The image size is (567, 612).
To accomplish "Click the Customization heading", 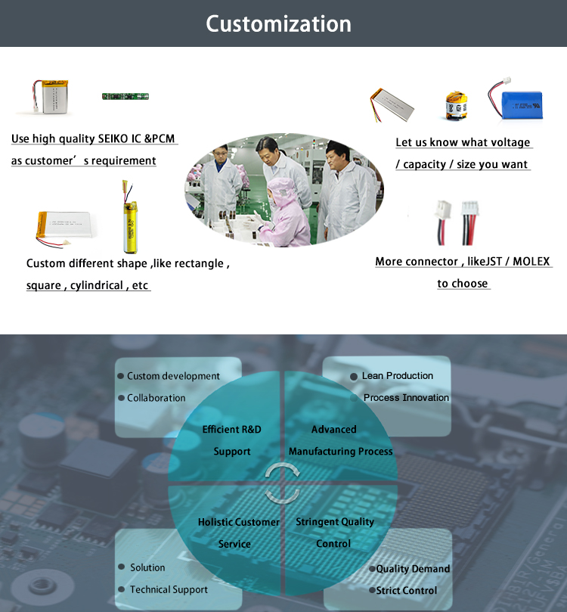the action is [x=278, y=23].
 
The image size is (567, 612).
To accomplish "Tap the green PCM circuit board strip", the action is [x=125, y=96].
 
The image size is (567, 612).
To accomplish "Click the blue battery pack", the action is [x=516, y=100].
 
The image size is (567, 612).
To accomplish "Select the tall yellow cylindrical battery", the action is [x=129, y=217].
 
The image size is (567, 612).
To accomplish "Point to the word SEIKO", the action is [x=113, y=138].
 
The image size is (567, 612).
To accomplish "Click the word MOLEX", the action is [x=531, y=261].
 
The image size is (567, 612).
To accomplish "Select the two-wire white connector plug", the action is [x=442, y=222].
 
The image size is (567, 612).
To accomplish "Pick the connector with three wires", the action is [x=469, y=222].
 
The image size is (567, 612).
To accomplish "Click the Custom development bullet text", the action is [x=173, y=376].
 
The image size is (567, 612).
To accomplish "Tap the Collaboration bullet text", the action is [x=156, y=398].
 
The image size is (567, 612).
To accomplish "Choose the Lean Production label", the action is [x=398, y=375].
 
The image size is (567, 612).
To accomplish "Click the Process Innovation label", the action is [x=406, y=397].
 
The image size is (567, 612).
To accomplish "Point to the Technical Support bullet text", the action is [x=169, y=589].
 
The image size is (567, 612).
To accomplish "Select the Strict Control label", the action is [x=406, y=591].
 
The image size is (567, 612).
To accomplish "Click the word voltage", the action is [x=510, y=142].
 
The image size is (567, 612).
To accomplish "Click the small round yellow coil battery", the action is [x=456, y=105].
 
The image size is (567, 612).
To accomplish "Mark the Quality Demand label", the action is [x=413, y=569].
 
